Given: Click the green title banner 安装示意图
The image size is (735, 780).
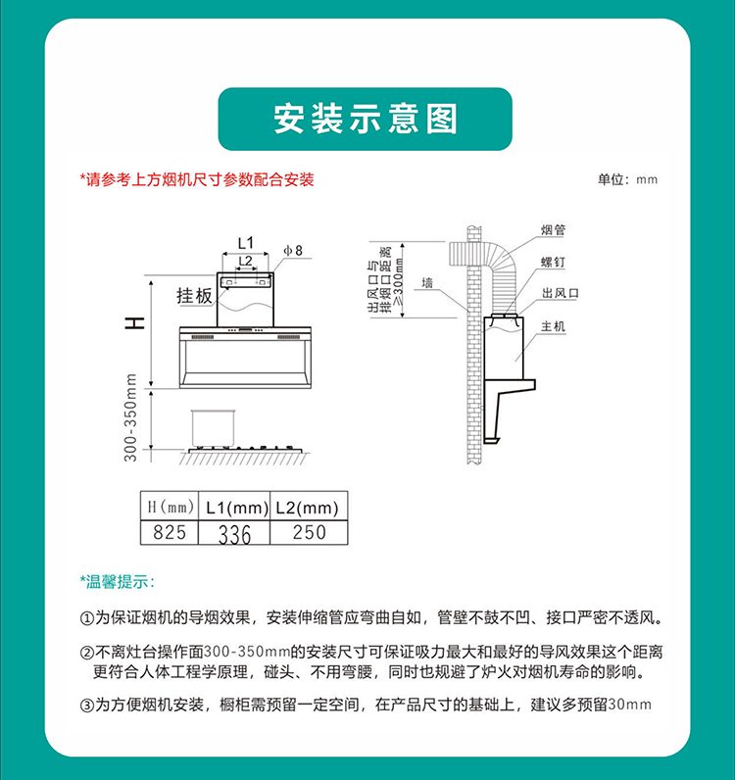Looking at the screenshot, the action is pyautogui.click(x=365, y=119).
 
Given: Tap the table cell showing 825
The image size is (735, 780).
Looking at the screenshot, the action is pyautogui.click(x=170, y=532).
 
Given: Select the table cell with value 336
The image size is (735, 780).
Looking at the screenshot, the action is pyautogui.click(x=234, y=533).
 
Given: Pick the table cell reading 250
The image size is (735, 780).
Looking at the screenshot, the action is pyautogui.click(x=309, y=532).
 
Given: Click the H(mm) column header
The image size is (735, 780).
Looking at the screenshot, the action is pyautogui.click(x=170, y=507).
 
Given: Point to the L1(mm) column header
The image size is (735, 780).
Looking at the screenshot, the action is pyautogui.click(x=234, y=507).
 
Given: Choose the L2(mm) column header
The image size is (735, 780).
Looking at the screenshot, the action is pyautogui.click(x=309, y=507).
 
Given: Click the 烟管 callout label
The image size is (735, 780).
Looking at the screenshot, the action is pyautogui.click(x=554, y=230).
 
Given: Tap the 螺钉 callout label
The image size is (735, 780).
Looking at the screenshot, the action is pyautogui.click(x=554, y=262).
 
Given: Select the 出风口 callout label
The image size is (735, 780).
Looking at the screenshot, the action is pyautogui.click(x=561, y=293).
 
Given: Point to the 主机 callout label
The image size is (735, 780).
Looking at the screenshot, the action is pyautogui.click(x=554, y=326).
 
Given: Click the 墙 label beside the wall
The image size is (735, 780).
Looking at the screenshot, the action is pyautogui.click(x=427, y=283).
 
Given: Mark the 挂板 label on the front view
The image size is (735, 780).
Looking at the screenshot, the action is pyautogui.click(x=194, y=296).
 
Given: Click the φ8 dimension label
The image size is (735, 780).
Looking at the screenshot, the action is pyautogui.click(x=293, y=250).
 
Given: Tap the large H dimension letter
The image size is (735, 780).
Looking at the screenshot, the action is pyautogui.click(x=134, y=322).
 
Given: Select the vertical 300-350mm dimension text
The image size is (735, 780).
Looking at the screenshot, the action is pyautogui.click(x=130, y=417).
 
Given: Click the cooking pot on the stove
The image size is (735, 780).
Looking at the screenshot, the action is pyautogui.click(x=213, y=428).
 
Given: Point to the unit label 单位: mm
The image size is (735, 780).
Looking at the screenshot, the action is pyautogui.click(x=627, y=179).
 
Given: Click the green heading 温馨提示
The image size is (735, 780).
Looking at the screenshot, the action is pyautogui.click(x=117, y=581).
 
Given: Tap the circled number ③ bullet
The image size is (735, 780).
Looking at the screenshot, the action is pyautogui.click(x=86, y=706).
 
